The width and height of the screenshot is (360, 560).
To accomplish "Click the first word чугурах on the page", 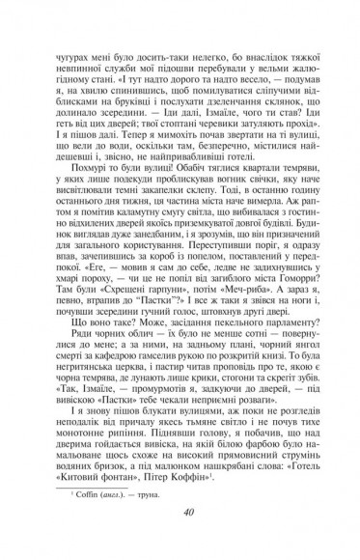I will (x=72, y=38).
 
